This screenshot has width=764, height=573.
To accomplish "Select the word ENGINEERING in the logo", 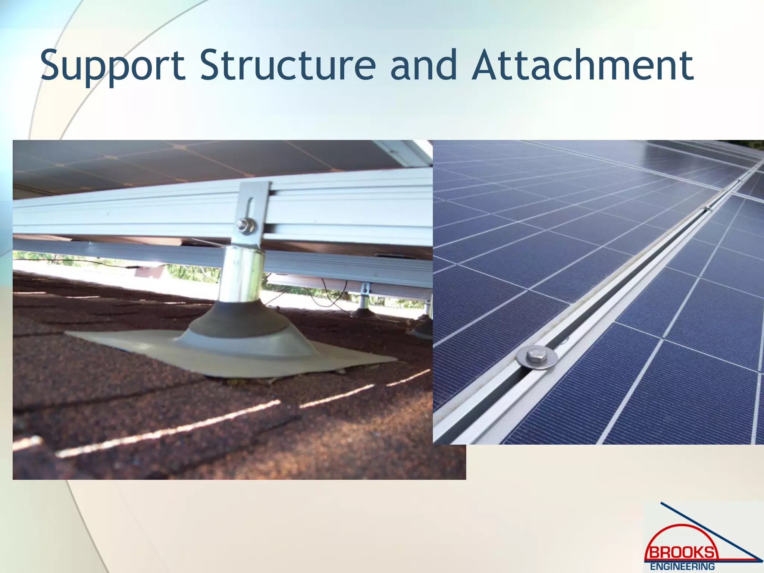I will pos(682,567).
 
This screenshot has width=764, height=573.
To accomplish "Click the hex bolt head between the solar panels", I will pos(536,356).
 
